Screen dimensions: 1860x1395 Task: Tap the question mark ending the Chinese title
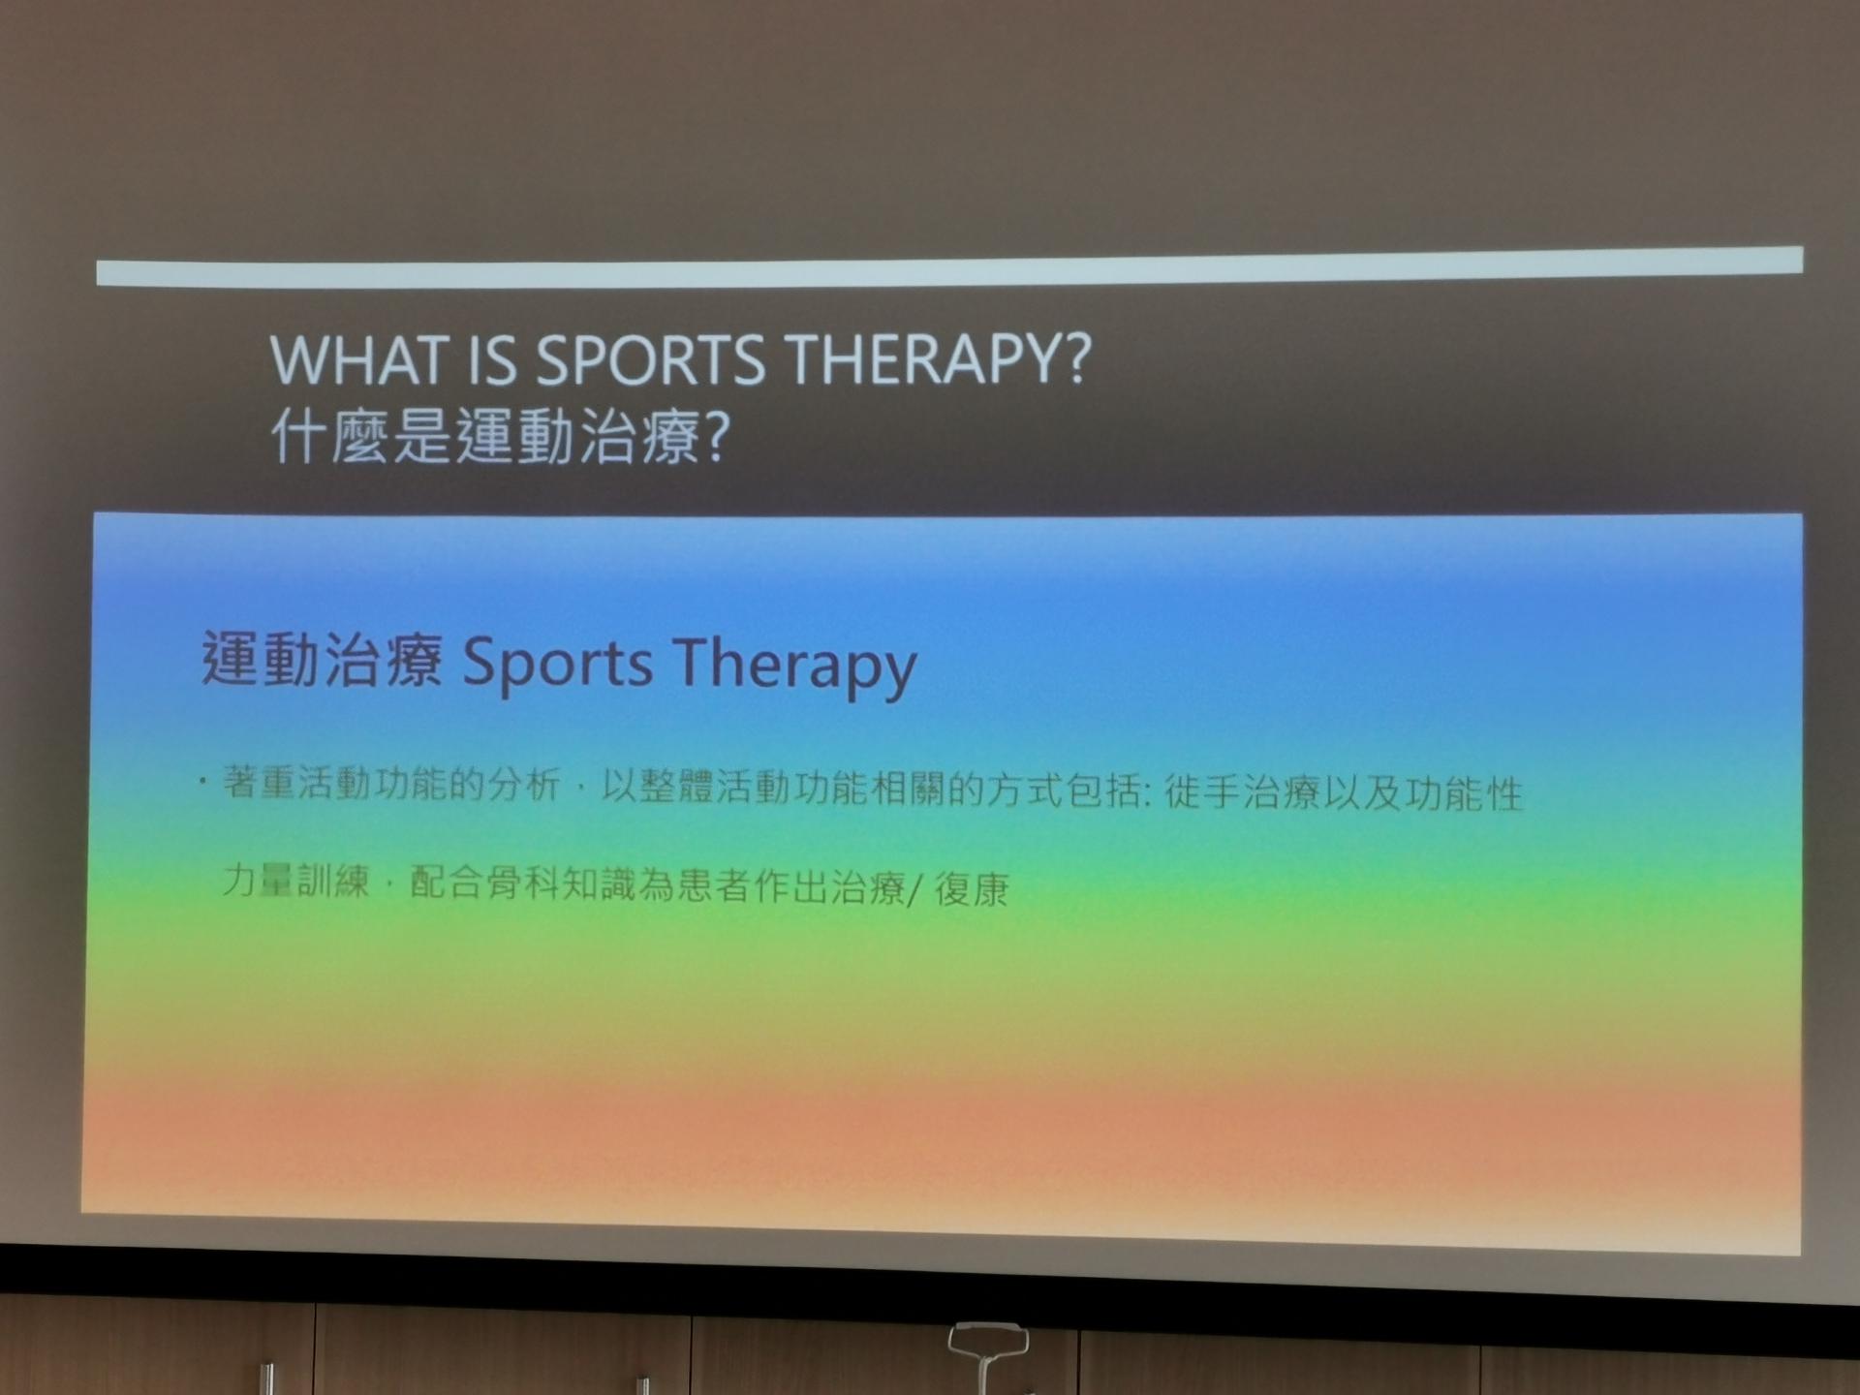click(714, 438)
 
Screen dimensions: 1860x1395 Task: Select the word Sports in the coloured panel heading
click(557, 666)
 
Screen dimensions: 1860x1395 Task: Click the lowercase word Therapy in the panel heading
click(794, 666)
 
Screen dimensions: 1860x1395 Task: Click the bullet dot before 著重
click(203, 781)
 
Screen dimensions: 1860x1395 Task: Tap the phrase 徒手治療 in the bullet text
click(1242, 792)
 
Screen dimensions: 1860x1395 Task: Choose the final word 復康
click(972, 889)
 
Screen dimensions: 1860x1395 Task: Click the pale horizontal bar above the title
click(949, 266)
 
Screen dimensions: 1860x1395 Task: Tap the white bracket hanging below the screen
click(987, 1348)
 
